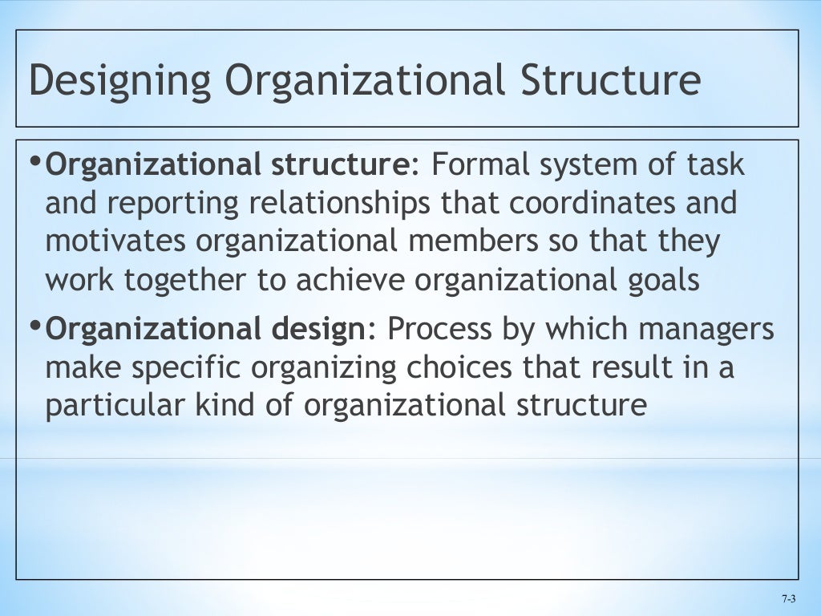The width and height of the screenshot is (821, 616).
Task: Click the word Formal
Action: click(x=481, y=165)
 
